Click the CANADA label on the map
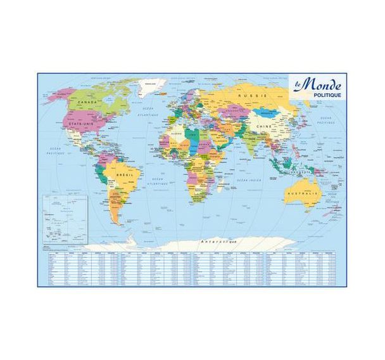[x=87, y=102]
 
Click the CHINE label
[x=263, y=127]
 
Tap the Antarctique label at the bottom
[x=218, y=243]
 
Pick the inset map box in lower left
[x=64, y=219]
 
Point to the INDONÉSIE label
[x=294, y=170]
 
